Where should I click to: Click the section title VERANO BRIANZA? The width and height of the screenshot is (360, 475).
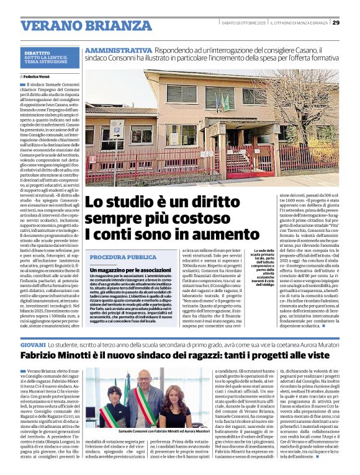click(x=78, y=25)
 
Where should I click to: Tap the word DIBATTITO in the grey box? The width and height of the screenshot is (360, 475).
click(x=37, y=53)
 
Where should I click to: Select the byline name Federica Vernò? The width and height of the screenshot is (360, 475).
click(x=43, y=76)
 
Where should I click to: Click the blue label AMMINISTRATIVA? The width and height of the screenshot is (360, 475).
click(x=119, y=50)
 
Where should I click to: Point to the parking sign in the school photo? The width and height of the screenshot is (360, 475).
click(x=115, y=130)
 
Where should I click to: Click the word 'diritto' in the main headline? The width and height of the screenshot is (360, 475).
click(x=199, y=203)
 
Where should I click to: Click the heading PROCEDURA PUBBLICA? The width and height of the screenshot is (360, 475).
click(x=123, y=257)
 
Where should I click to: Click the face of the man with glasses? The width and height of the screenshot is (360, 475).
click(x=144, y=383)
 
